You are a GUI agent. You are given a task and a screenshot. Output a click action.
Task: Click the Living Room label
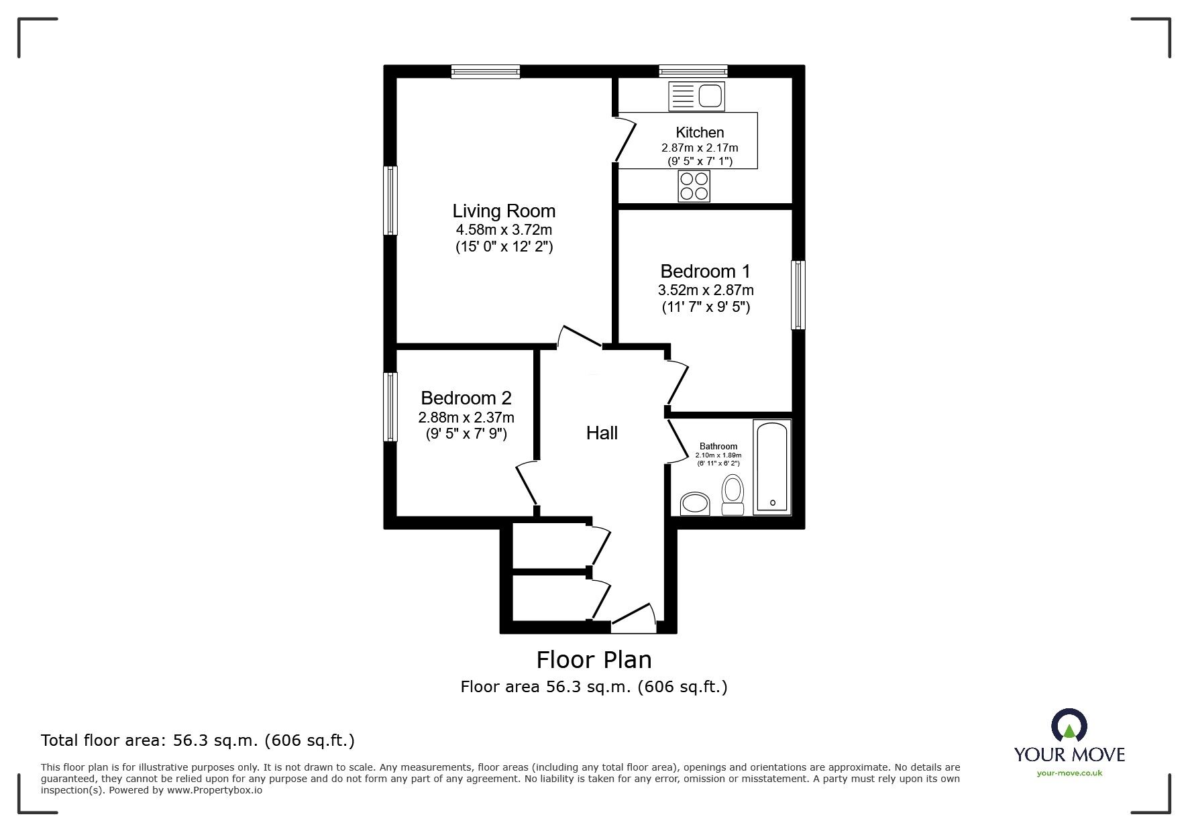(504, 211)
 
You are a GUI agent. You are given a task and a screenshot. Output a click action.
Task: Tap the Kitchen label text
(700, 133)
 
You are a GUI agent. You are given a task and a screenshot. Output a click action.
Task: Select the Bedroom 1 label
(705, 272)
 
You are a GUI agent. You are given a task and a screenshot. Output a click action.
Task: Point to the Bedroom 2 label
(466, 398)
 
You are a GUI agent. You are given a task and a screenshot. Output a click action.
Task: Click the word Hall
(602, 433)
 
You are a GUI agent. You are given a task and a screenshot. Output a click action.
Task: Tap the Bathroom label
(718, 446)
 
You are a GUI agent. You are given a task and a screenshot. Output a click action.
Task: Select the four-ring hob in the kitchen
(694, 186)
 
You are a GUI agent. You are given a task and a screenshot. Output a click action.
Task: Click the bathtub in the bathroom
(773, 467)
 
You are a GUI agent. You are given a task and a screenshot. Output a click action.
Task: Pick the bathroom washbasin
(695, 504)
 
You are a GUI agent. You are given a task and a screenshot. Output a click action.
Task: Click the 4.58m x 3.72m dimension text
(504, 230)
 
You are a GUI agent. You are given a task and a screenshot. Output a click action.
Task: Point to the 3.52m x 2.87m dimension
(705, 290)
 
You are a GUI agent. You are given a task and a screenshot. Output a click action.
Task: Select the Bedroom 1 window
(798, 295)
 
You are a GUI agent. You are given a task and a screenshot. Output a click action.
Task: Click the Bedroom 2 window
(390, 406)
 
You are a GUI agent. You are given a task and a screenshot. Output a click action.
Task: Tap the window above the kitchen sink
(693, 71)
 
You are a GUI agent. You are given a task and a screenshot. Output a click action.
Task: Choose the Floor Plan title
(594, 660)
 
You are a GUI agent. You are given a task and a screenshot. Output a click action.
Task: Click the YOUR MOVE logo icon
(1069, 726)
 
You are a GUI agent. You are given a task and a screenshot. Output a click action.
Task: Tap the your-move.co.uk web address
(1069, 773)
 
